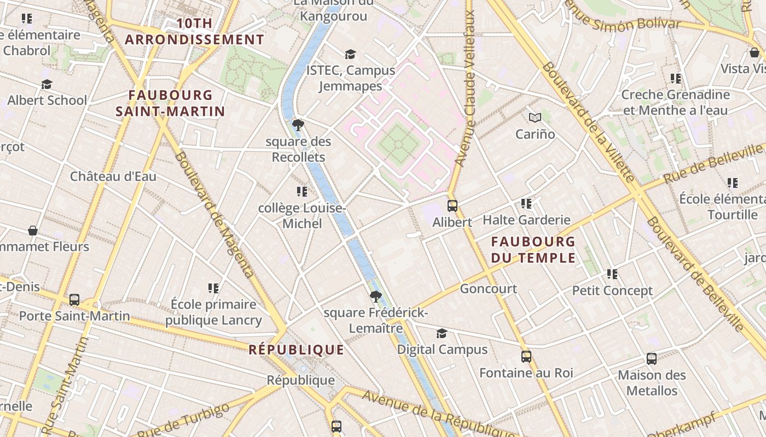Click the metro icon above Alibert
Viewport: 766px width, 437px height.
point(452,206)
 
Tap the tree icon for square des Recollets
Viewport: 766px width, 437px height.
point(298,125)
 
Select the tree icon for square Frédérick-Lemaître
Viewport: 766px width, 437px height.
point(375,297)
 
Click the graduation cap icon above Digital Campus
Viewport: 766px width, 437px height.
point(442,333)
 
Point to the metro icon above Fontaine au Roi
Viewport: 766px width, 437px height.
point(526,357)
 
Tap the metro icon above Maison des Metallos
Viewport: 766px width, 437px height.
point(652,359)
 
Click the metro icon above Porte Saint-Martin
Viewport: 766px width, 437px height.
point(74,300)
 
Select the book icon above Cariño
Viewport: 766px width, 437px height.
point(535,117)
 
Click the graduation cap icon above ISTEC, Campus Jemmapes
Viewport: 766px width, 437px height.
point(350,54)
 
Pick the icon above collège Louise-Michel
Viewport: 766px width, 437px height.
point(302,192)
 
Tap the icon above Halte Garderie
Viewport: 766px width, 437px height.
point(526,204)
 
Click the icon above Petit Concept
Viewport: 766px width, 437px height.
point(612,274)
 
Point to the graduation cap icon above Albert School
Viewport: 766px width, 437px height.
point(47,84)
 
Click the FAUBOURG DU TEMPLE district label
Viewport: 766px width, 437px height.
point(533,249)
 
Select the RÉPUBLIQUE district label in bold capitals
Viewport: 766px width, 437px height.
point(297,350)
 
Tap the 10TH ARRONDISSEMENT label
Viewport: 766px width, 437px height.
point(195,32)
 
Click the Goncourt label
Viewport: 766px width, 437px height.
point(488,288)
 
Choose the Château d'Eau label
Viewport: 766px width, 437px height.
point(113,176)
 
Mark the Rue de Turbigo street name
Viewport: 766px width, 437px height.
point(183,421)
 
